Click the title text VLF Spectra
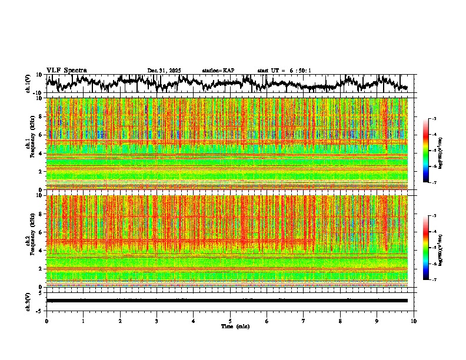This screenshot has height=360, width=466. click(x=66, y=70)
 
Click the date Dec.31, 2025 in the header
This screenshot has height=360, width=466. click(x=164, y=71)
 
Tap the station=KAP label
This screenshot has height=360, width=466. click(x=218, y=71)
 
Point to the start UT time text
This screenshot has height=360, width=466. click(x=284, y=71)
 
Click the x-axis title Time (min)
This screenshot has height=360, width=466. click(x=235, y=326)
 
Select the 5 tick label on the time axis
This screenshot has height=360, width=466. click(x=230, y=321)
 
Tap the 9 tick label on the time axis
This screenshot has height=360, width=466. click(x=377, y=321)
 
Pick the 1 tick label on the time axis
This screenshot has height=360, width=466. click(x=83, y=321)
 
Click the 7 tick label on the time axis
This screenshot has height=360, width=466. click(x=304, y=321)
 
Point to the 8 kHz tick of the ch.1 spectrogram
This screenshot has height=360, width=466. click(x=40, y=116)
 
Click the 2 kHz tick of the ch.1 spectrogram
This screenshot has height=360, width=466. click(x=40, y=172)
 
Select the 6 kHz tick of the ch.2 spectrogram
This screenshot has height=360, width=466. click(x=40, y=232)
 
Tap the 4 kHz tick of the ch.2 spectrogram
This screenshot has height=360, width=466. click(x=40, y=251)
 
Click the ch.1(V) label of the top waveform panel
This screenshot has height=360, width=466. click(x=28, y=84)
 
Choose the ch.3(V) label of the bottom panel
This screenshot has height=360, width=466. click(x=28, y=301)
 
